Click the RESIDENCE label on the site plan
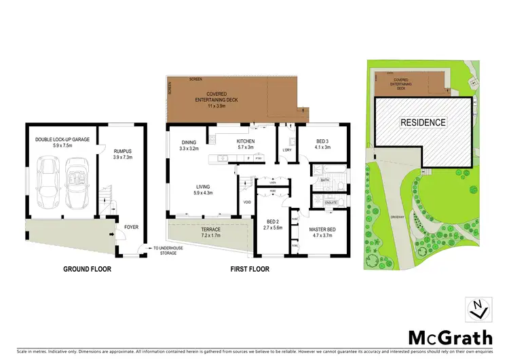pos(422,123)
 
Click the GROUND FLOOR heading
pos(88,269)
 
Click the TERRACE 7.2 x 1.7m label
pos(210,232)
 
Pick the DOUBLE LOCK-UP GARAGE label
pos(60,143)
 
